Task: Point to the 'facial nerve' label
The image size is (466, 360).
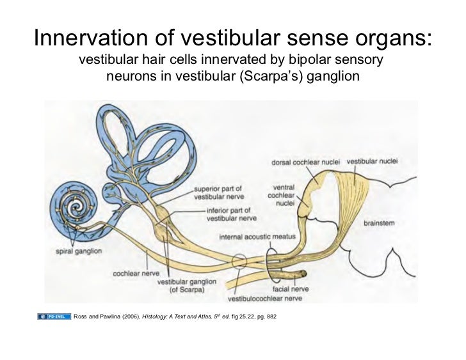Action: point(291,289)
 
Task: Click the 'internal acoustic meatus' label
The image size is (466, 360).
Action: point(257,236)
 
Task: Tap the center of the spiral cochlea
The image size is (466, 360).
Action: point(79,207)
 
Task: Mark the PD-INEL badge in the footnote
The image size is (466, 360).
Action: point(54,317)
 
